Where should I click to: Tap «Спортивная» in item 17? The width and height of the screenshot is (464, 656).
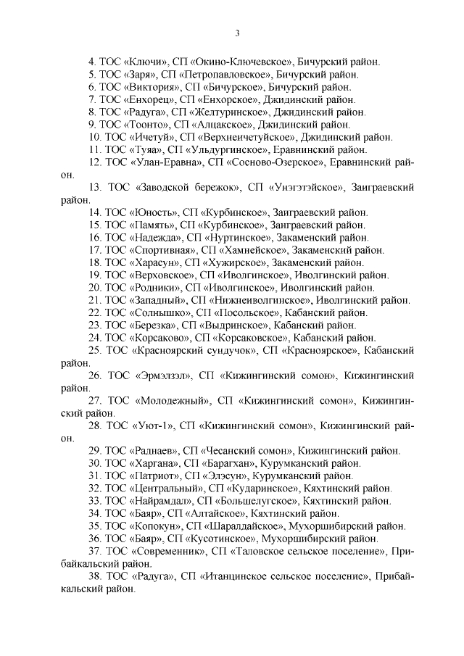click(x=163, y=250)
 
